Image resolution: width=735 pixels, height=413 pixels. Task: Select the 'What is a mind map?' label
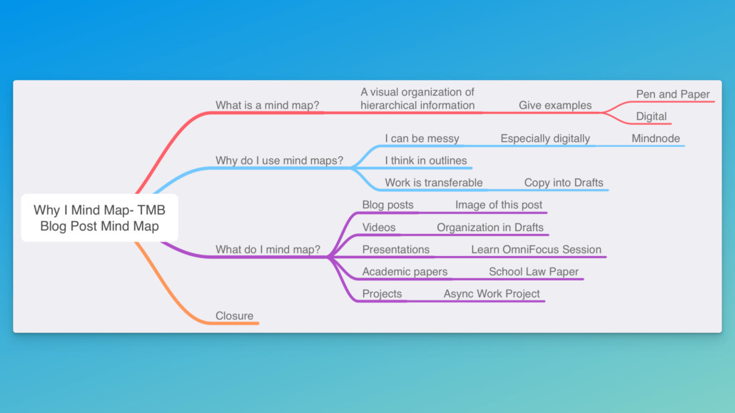click(267, 105)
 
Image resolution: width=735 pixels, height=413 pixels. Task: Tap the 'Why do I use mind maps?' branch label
click(280, 160)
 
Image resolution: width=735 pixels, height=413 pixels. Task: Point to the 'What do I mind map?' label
click(268, 250)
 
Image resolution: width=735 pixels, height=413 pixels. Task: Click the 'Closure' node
click(234, 315)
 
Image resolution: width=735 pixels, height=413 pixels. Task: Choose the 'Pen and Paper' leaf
click(673, 94)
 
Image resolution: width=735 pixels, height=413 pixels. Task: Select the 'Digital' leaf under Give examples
click(651, 116)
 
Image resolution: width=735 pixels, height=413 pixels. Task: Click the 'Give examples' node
click(555, 105)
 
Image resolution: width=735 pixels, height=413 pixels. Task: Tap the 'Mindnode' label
click(655, 138)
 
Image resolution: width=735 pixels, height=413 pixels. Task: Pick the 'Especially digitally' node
click(545, 138)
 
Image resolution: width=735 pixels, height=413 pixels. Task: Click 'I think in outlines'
click(425, 160)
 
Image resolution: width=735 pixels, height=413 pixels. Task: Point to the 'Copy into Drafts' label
click(564, 183)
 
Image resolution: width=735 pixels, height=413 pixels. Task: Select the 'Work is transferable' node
click(434, 183)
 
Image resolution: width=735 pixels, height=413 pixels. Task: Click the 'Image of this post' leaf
click(498, 205)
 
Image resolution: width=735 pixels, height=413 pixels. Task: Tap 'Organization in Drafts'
click(490, 228)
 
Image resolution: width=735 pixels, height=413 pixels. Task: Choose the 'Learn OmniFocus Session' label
click(536, 250)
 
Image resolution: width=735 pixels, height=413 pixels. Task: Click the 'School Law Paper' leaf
click(534, 272)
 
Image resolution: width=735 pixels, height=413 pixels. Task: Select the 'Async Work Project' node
click(491, 293)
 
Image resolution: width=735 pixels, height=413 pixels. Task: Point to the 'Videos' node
click(379, 228)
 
